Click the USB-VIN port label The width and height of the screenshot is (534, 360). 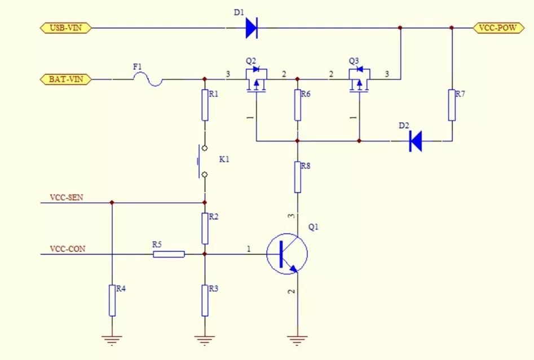[66, 28]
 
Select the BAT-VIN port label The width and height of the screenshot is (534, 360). [66, 79]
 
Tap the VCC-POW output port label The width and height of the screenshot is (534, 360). [498, 28]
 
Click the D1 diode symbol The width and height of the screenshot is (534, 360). [251, 28]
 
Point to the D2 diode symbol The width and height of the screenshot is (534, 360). [416, 141]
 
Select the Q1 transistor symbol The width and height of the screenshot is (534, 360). [287, 254]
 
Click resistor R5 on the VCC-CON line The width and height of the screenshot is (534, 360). [169, 254]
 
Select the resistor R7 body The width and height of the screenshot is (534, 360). [452, 105]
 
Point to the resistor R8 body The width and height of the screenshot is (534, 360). [298, 177]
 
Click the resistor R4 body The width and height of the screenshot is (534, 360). [112, 300]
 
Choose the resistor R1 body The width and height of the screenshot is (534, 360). [205, 105]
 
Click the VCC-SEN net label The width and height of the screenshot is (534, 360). [67, 197]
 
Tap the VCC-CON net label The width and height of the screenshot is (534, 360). [68, 249]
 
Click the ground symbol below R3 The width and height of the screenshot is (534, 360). [205, 340]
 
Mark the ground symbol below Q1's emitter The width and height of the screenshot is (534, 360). [297, 340]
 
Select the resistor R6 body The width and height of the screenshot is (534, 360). [298, 105]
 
